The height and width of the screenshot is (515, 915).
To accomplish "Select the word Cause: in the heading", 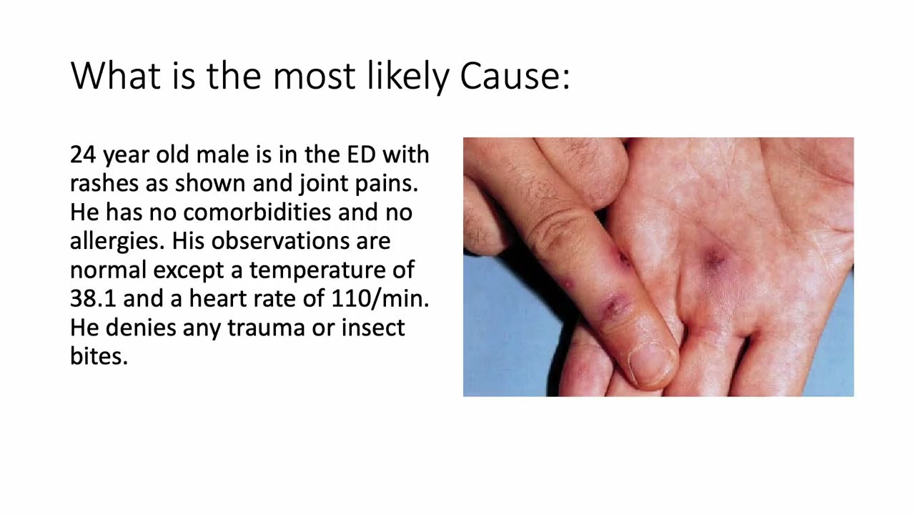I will point(515,76).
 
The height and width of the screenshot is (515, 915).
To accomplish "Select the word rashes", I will point(101,184).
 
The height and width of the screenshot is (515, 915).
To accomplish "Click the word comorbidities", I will point(257,212).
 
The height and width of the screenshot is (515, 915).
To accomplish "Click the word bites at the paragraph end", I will point(99,356).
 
